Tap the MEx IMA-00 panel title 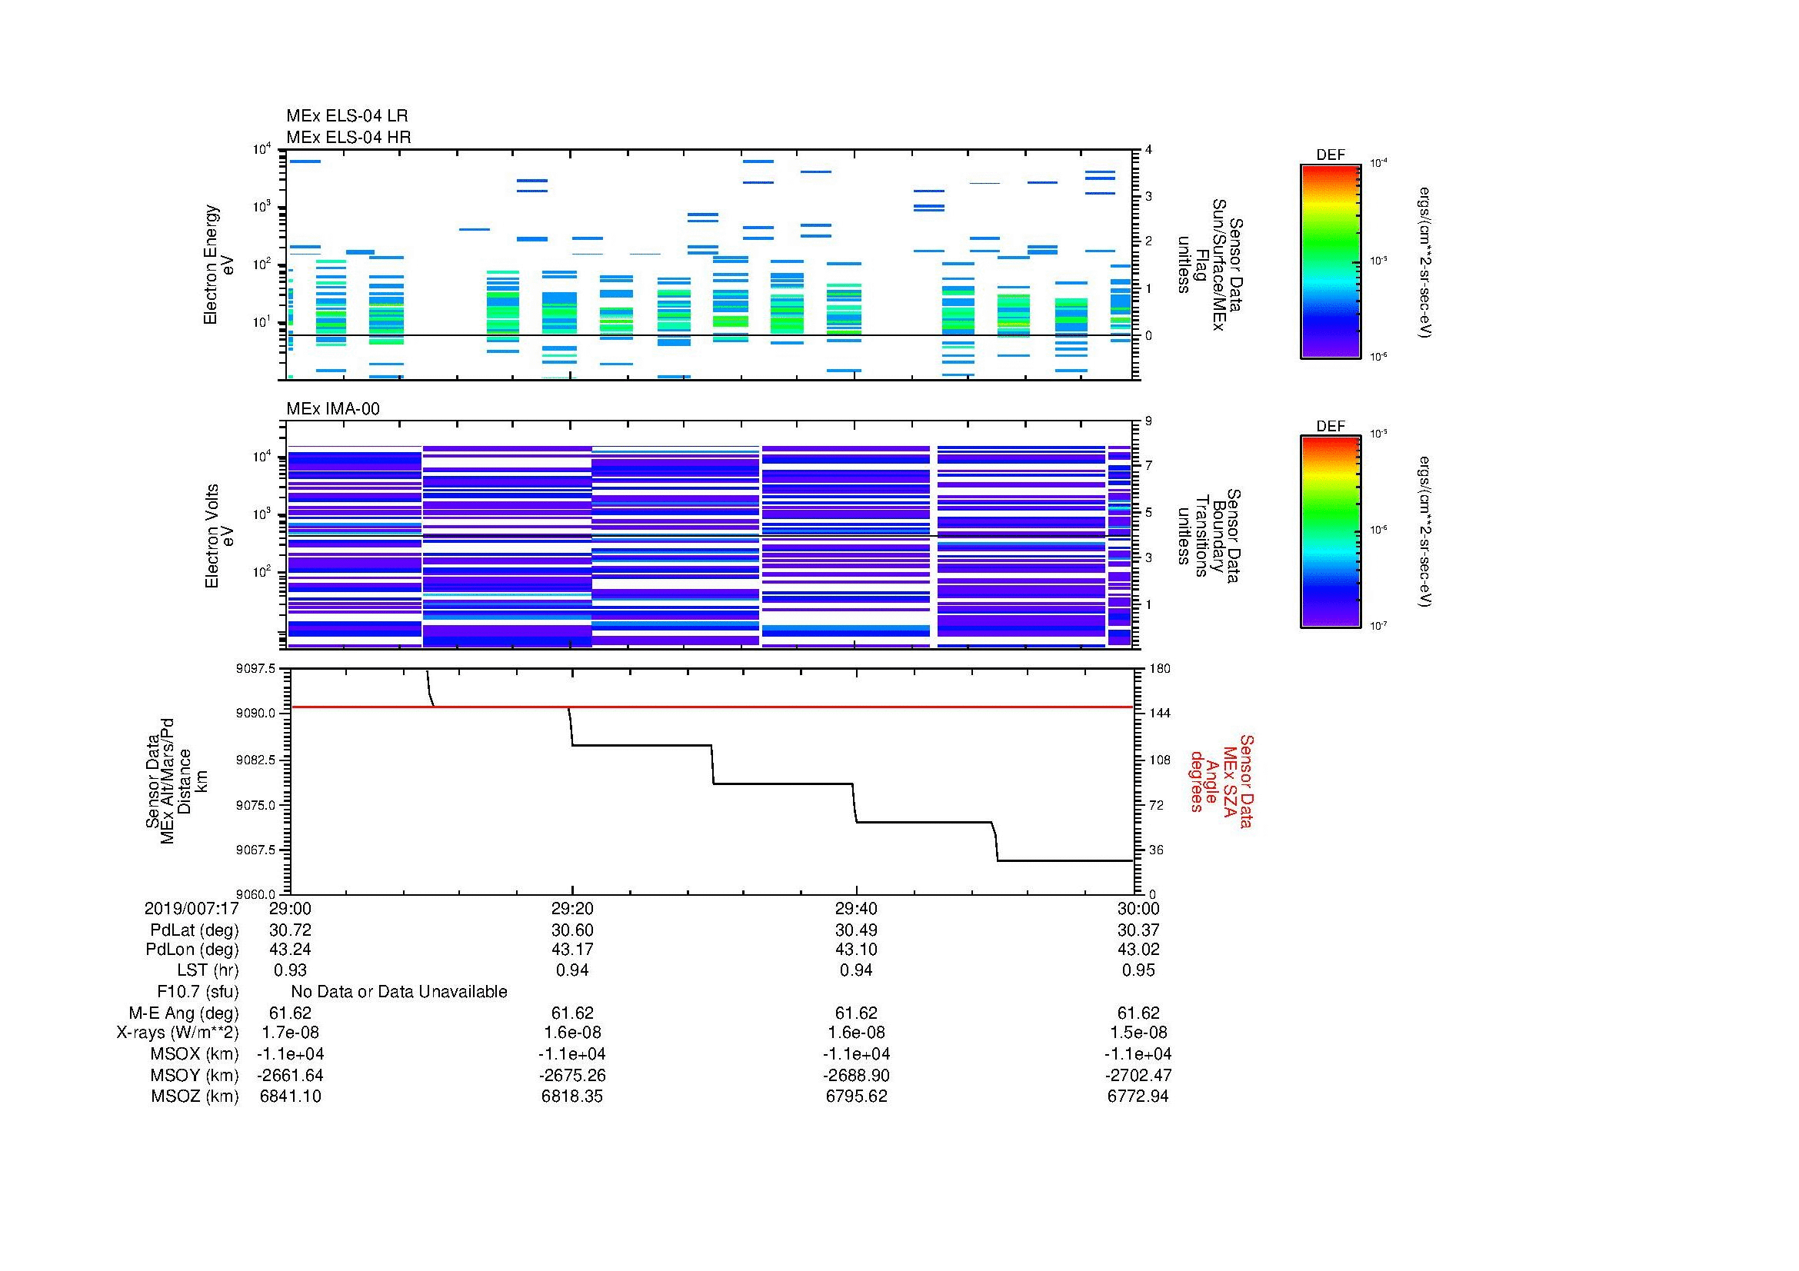coord(332,409)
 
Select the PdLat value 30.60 coord(572,930)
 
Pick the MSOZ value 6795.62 coord(856,1096)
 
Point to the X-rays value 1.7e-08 coord(290,1033)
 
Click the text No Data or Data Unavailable coord(399,992)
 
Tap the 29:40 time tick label coord(856,908)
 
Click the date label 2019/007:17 coord(192,908)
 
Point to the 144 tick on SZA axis coord(1159,714)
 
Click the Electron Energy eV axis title coord(218,265)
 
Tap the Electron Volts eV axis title coord(219,537)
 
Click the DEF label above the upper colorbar coord(1330,155)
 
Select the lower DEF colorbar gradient coord(1330,532)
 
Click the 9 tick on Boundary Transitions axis coord(1148,421)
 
